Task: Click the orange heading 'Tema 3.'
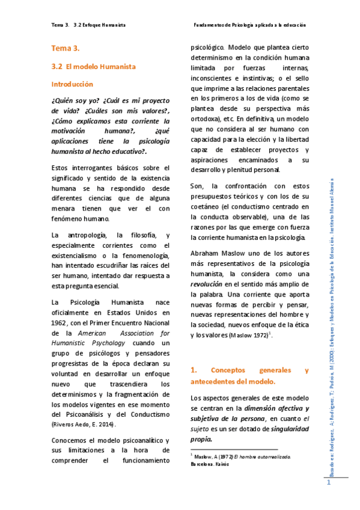click(x=66, y=48)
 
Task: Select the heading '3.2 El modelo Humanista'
click(x=94, y=66)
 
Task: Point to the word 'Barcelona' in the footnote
click(x=205, y=465)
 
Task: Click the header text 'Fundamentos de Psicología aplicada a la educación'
click(x=249, y=25)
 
